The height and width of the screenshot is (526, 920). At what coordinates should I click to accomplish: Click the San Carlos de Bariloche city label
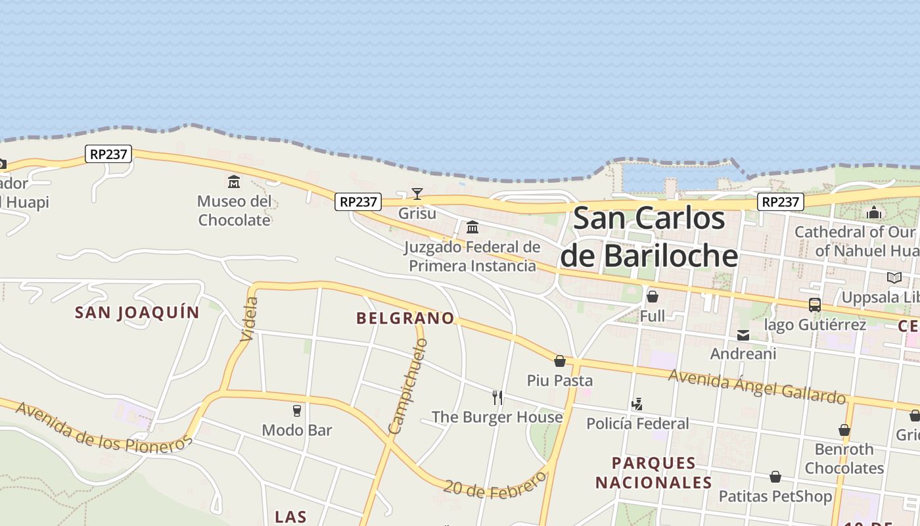point(649,237)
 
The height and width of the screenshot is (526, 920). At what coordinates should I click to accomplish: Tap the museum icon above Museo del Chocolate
point(234,181)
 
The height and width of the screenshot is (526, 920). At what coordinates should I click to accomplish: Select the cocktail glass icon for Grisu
point(417,193)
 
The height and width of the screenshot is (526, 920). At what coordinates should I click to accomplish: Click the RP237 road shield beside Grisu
point(357,202)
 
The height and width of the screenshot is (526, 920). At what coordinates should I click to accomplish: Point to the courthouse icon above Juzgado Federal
point(472,227)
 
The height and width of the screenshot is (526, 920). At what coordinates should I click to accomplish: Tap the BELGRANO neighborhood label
point(405,318)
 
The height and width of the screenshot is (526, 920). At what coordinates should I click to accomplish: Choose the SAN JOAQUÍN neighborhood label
point(137,312)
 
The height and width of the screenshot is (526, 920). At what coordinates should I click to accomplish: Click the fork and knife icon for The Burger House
point(497,397)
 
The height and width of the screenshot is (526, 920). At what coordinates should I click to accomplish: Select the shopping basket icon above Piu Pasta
point(560,361)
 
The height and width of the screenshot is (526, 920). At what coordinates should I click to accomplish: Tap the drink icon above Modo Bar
point(297,411)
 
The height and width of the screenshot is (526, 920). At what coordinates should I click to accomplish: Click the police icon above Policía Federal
point(637,404)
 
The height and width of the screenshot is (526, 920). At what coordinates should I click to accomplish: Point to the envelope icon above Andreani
point(743,335)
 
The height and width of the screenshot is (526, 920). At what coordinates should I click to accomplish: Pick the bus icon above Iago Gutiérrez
point(815,305)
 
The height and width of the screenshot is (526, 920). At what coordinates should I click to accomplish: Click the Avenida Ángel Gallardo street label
point(756,386)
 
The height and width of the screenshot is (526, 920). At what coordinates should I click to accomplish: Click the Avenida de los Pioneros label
point(103,427)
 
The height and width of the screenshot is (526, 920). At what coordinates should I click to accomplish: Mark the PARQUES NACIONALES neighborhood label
point(653,473)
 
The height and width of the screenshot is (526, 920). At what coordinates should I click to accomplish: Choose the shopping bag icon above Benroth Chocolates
point(844,431)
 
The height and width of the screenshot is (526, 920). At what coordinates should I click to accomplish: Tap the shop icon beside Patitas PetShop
point(775,477)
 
